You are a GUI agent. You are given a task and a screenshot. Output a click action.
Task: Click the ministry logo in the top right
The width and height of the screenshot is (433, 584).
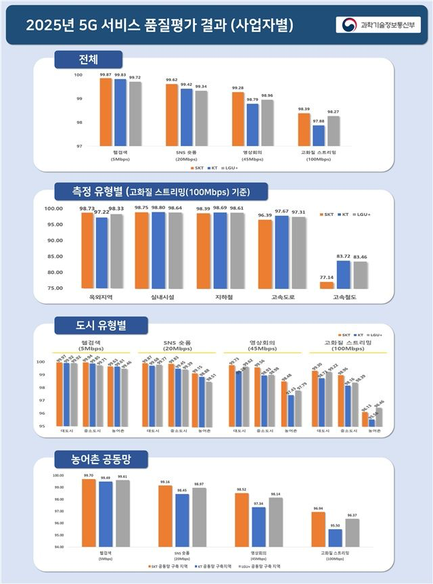tap(380, 25)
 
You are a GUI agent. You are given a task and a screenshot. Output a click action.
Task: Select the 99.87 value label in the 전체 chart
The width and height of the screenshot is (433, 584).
tap(106, 74)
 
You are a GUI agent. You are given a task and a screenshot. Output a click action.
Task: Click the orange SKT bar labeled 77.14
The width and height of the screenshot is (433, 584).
tap(327, 284)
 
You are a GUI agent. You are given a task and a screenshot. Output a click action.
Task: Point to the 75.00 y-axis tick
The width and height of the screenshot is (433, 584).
tap(53, 288)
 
